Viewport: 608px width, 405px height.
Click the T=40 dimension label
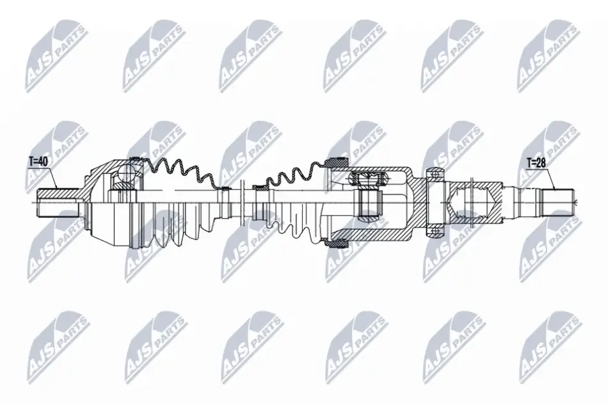pos(38,161)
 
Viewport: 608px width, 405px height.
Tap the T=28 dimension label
pos(536,163)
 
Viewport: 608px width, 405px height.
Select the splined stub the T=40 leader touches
pos(58,203)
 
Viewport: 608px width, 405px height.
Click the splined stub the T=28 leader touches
pos(557,202)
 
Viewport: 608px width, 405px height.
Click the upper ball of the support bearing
pos(436,173)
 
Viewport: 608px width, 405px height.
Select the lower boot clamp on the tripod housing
pos(337,243)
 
